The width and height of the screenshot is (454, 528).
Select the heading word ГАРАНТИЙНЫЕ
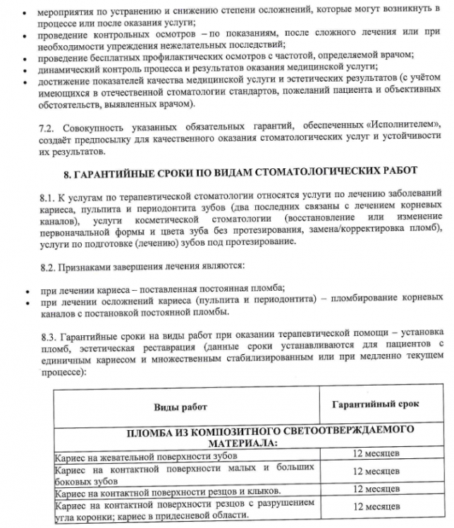tap(123, 171)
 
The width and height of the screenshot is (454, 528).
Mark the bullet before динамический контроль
tap(27, 70)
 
